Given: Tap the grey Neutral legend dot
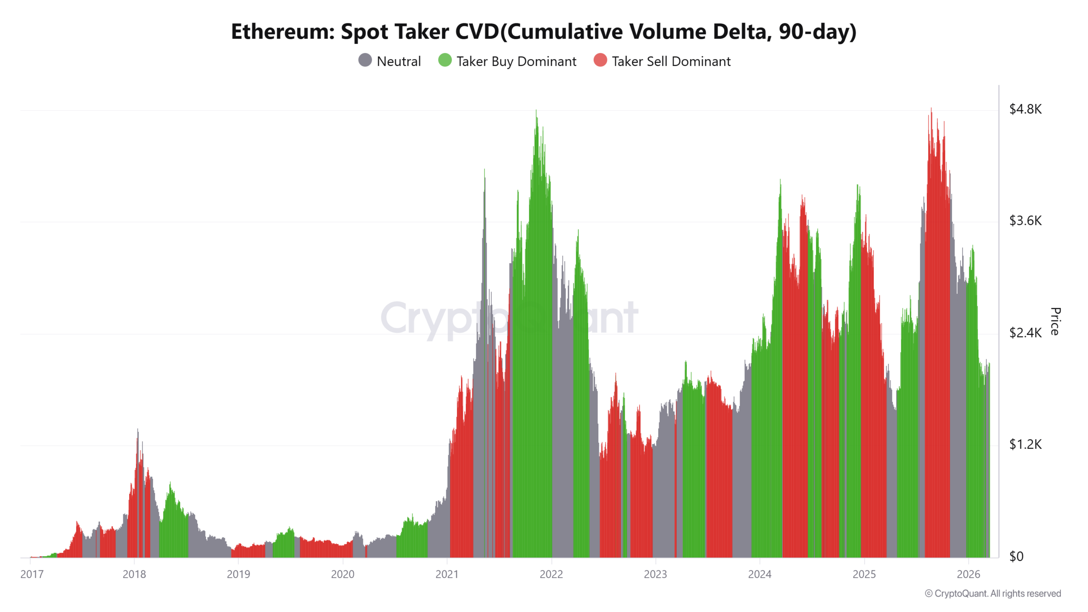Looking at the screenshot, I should tap(365, 60).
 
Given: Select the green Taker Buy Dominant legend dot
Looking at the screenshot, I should tap(445, 60).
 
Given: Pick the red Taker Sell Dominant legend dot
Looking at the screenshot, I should tap(600, 60).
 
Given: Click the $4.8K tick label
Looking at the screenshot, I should tap(1025, 109).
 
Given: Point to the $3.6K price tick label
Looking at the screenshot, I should tap(1025, 221).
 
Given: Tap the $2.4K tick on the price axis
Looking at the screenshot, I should tap(1025, 333).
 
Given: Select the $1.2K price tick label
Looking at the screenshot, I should tap(1025, 445).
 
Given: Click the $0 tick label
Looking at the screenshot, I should tap(1016, 556).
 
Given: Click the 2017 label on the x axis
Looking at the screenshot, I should tap(32, 574).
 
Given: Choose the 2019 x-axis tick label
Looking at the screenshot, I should tap(238, 574).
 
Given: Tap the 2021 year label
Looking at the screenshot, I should tap(447, 574).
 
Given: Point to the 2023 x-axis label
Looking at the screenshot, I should tap(655, 574).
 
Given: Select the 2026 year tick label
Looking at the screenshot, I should tap(968, 574).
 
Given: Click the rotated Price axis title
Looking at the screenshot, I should tap(1055, 321).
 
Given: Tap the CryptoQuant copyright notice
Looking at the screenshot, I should tap(993, 593).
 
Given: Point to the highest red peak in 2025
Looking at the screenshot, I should tap(931, 110).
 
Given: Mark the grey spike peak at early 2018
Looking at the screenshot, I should tap(138, 430).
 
